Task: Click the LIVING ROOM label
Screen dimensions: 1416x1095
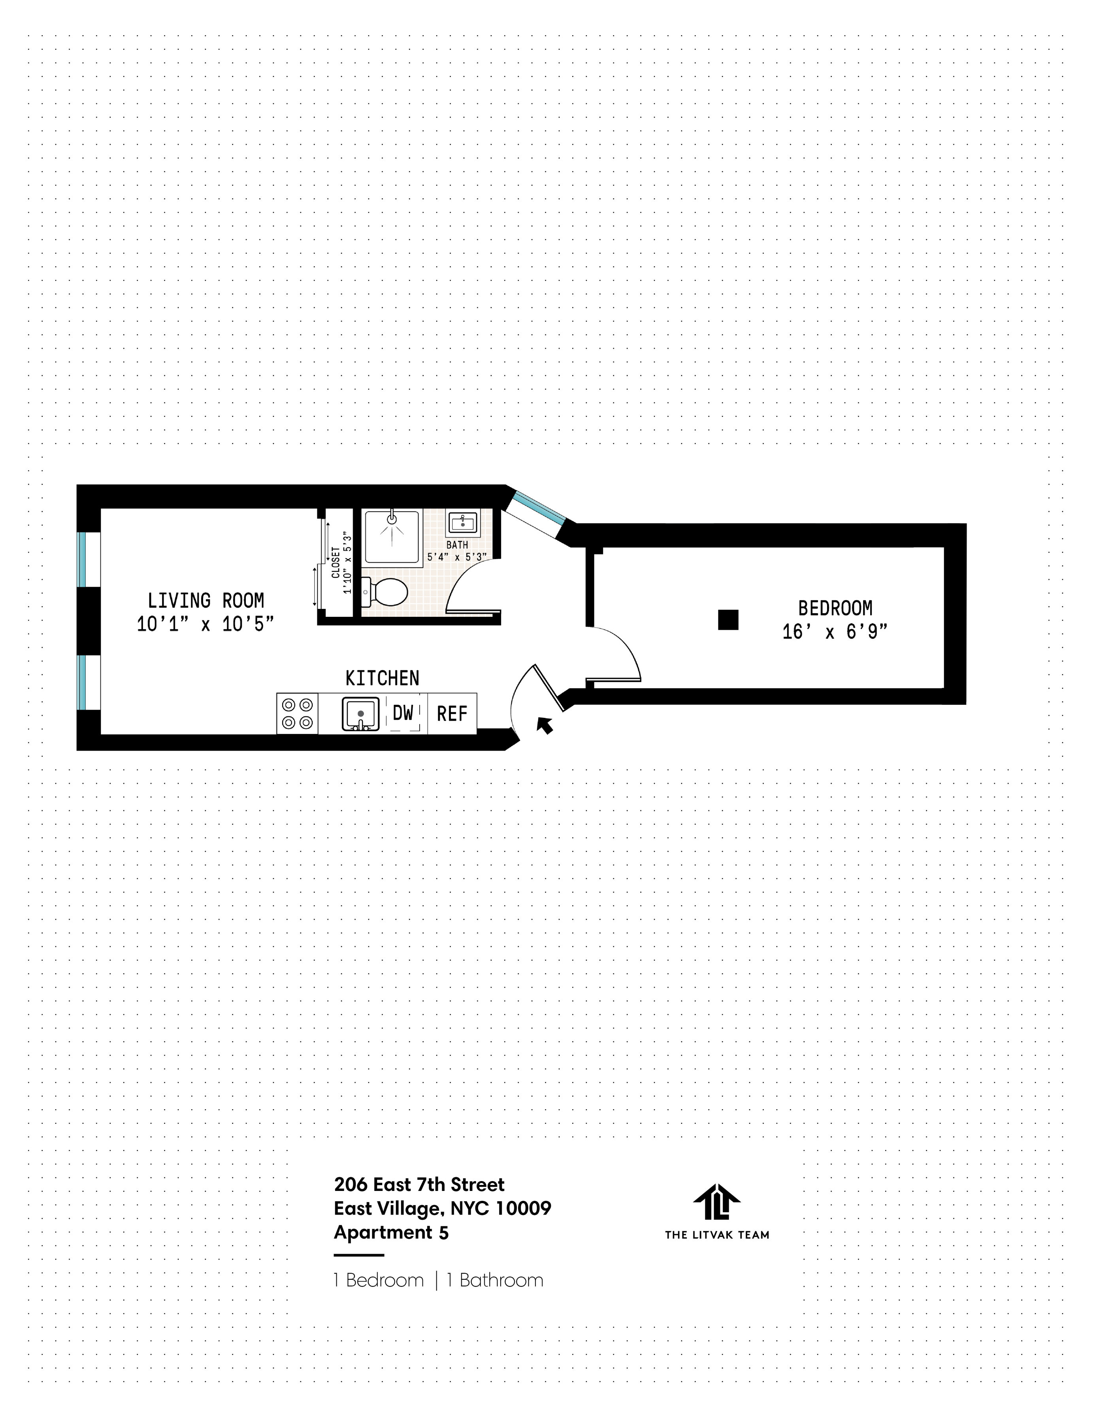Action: point(205,600)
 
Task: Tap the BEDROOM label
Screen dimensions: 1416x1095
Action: point(835,608)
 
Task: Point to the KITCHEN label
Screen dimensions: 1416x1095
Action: point(382,678)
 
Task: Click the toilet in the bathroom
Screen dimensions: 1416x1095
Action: point(385,591)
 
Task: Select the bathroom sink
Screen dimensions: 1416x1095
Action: point(462,522)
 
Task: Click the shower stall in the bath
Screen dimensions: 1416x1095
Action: point(392,536)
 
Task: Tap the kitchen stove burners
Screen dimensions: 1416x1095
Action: point(297,713)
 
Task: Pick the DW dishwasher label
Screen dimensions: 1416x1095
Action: point(403,713)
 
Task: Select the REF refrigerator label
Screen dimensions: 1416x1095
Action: point(452,714)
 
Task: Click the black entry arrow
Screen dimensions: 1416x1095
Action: point(546,725)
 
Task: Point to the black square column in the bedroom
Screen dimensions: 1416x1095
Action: point(728,620)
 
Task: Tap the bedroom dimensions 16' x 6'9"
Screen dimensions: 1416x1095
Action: point(835,631)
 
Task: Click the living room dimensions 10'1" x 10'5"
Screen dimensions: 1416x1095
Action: point(205,624)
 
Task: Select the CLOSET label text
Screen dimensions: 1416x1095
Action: point(335,562)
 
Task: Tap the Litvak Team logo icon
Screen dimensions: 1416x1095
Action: point(716,1203)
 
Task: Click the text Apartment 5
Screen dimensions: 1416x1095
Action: point(391,1232)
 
